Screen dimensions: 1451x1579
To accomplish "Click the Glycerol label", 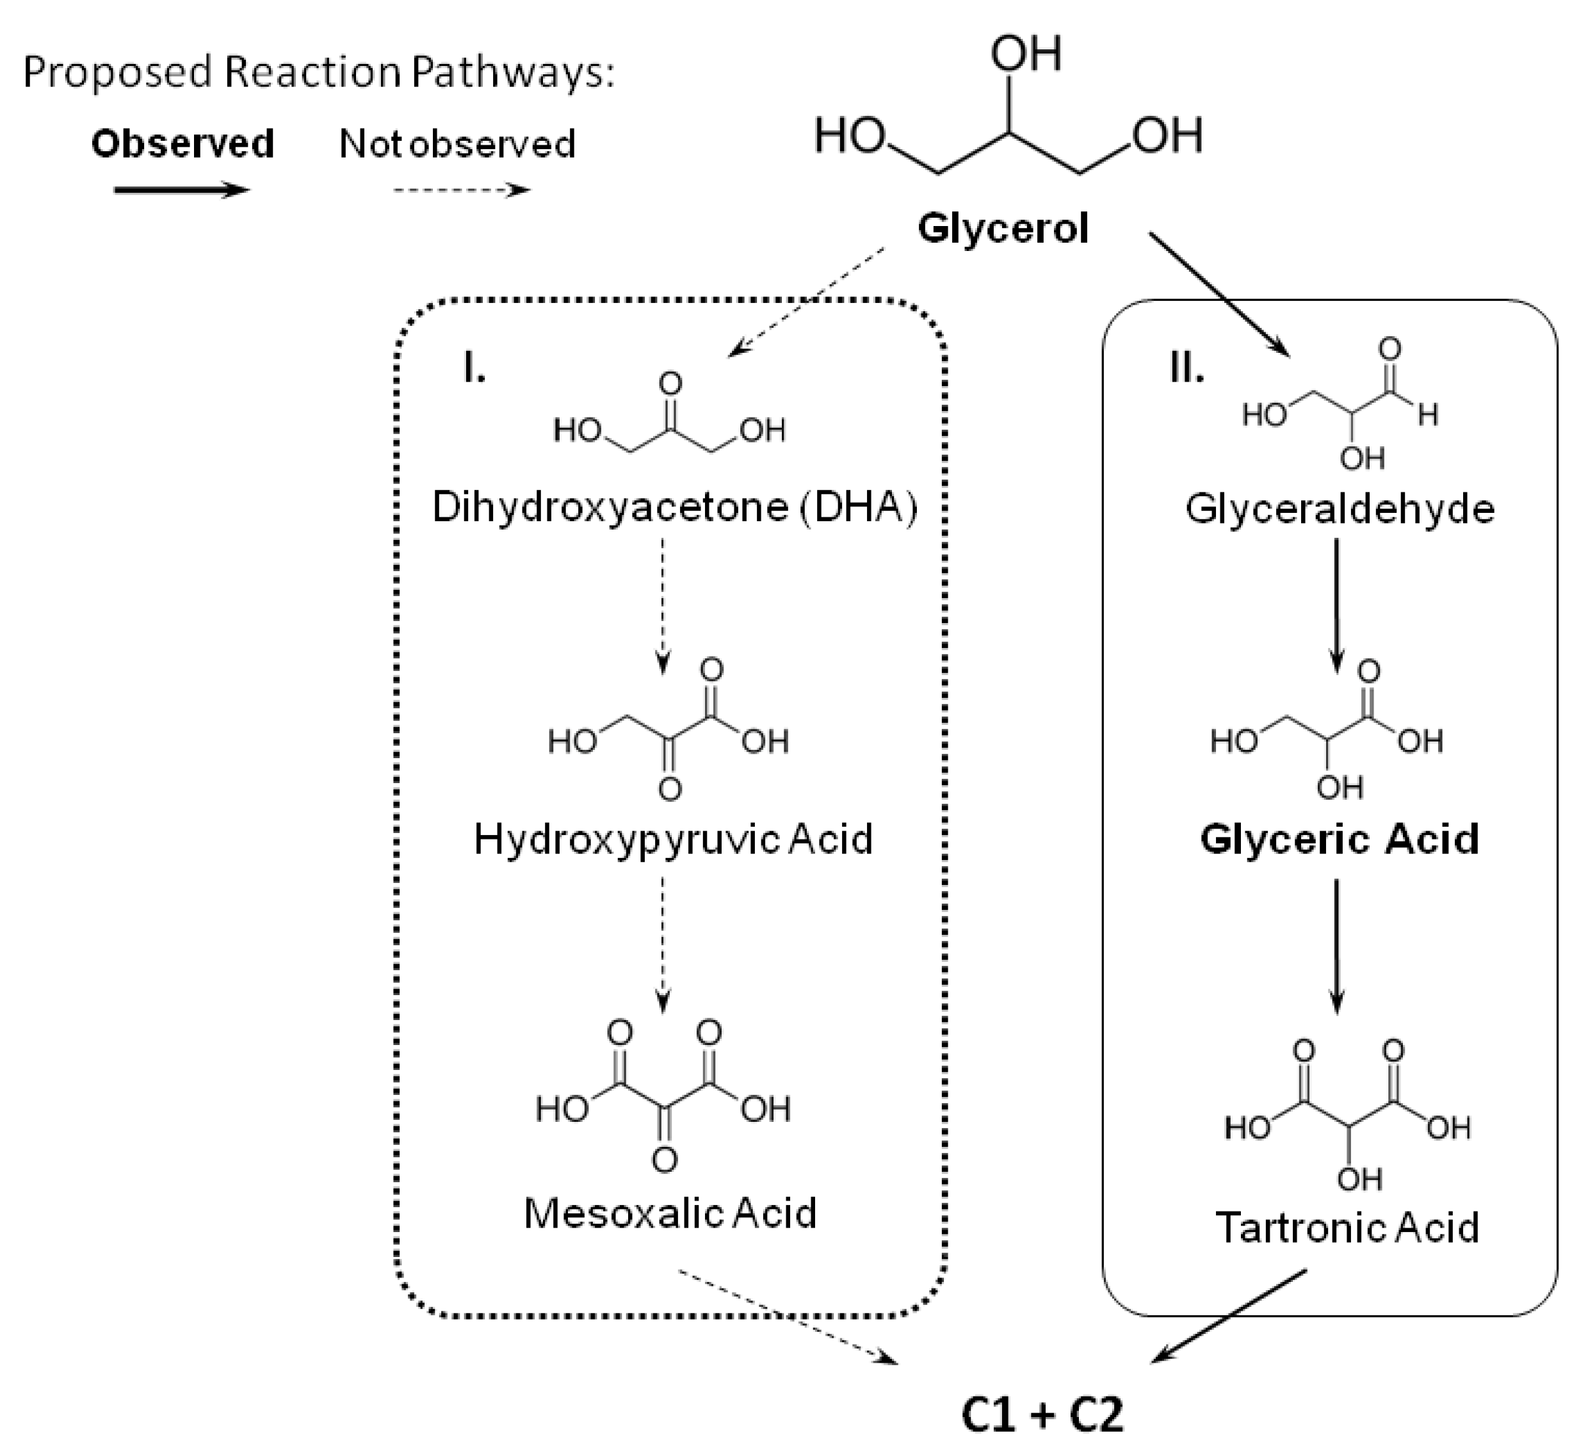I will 1003,229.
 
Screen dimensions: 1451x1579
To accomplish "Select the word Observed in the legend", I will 182,143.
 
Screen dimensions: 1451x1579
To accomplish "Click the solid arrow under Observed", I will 181,190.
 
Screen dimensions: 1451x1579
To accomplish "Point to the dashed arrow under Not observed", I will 462,190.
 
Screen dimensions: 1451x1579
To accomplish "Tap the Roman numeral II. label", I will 1186,367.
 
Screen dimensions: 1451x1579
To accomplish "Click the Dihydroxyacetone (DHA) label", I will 674,507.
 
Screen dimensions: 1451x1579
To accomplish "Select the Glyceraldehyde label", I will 1340,509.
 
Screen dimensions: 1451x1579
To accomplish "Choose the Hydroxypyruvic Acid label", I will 673,839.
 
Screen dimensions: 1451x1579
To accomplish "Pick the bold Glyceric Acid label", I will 1340,839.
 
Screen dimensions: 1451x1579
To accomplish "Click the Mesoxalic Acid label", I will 670,1213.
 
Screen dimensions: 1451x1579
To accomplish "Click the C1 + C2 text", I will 1042,1414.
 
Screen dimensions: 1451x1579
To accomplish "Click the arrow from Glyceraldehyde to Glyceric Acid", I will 1337,604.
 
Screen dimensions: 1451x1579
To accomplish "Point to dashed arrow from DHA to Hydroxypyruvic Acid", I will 663,604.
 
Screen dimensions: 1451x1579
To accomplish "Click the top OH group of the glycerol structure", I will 1025,53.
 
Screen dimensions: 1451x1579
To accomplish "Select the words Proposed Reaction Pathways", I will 318,72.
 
